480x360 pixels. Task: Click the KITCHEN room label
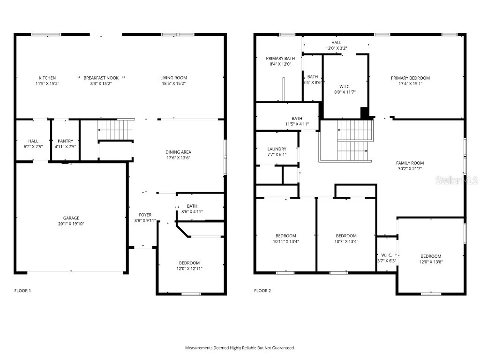pos(47,78)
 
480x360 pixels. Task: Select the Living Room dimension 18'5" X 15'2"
pos(174,83)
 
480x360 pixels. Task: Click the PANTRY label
pos(65,141)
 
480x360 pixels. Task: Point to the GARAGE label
pos(71,218)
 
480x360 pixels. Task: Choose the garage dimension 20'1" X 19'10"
pos(71,224)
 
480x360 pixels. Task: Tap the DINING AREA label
pos(178,152)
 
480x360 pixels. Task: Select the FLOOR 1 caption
pos(22,291)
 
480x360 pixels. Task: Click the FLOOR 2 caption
pos(262,291)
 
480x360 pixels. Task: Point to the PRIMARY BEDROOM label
pos(410,78)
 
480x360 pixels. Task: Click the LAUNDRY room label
pos(277,149)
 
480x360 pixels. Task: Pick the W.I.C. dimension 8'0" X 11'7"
pos(345,92)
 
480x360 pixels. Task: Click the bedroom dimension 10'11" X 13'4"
pos(285,241)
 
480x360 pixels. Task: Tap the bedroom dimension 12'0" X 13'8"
pos(430,262)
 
